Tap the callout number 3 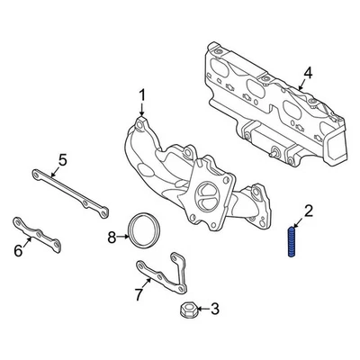pos(213,310)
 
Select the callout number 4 pos(308,72)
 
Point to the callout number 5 pos(62,161)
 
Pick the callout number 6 pos(18,251)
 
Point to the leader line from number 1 pos(140,109)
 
